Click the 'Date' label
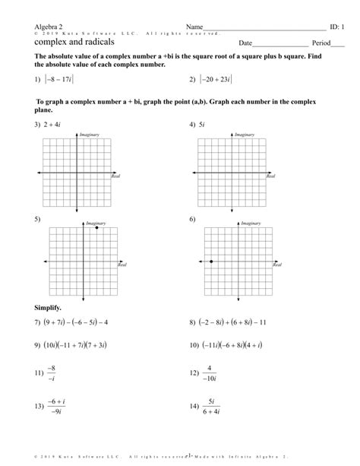245,43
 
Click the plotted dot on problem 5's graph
96,228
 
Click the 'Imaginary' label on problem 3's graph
90,135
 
